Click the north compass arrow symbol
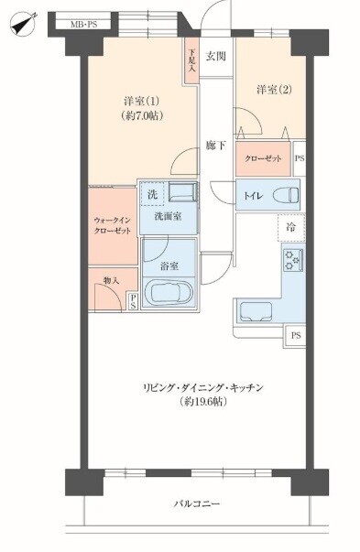(24, 24)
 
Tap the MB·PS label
(84, 25)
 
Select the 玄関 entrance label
(216, 57)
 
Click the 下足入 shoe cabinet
(191, 60)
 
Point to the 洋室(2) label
(275, 90)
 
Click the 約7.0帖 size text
(142, 115)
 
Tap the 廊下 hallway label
(216, 145)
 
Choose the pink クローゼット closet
(263, 158)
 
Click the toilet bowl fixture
(285, 195)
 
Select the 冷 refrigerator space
(291, 227)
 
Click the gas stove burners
(293, 260)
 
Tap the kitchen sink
(256, 312)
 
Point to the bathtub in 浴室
(169, 293)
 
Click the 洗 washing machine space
(152, 194)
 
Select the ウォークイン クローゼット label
(113, 226)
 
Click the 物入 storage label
(112, 280)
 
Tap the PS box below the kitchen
(296, 336)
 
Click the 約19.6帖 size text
(202, 401)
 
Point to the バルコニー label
(197, 503)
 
